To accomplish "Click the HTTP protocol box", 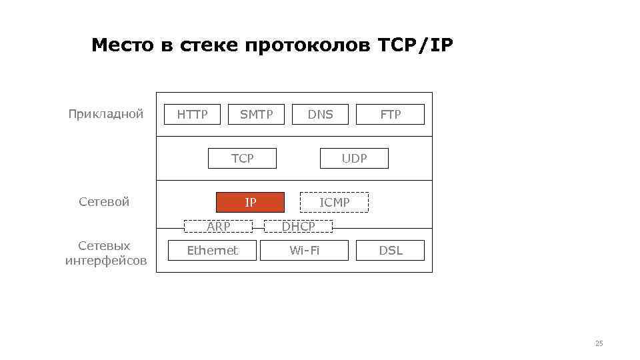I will (192, 115).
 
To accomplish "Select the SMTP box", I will (257, 115).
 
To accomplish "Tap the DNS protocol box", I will (320, 115).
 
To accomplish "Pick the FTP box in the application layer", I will (391, 115).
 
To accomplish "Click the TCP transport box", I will (243, 159).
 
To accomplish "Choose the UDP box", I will (354, 159).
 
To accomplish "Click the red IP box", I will (250, 203).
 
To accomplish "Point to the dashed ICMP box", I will (334, 203).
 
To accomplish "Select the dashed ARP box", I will (218, 227).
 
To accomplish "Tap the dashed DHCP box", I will (298, 227).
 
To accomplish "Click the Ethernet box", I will (212, 251).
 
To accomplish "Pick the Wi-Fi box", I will (304, 251).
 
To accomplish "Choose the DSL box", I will (391, 251).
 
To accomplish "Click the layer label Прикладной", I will (106, 114).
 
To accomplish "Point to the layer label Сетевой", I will (104, 202).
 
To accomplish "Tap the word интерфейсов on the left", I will (106, 261).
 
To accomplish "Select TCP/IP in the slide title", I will (415, 45).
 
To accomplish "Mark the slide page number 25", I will (598, 343).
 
